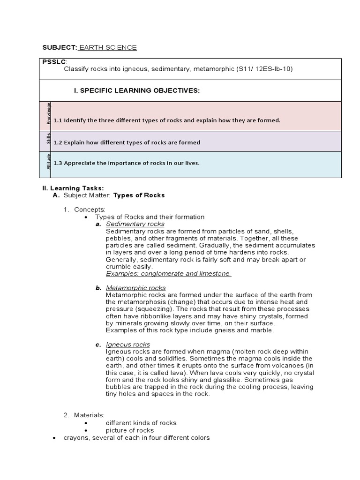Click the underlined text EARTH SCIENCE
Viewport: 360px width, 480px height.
pos(108,47)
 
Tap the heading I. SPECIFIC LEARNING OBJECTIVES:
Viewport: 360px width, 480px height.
pos(137,90)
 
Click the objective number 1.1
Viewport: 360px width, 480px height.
pos(58,120)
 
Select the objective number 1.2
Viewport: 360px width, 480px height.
pos(58,142)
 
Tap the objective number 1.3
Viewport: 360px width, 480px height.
pos(58,163)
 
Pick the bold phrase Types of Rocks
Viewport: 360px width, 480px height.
pos(139,195)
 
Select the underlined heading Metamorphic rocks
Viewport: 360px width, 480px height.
pos(135,287)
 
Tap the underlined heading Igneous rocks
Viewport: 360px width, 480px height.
pos(128,345)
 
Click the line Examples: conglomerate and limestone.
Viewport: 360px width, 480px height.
pos(168,273)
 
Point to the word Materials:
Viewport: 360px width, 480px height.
pos(90,415)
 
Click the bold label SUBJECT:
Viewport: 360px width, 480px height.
pos(60,47)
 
